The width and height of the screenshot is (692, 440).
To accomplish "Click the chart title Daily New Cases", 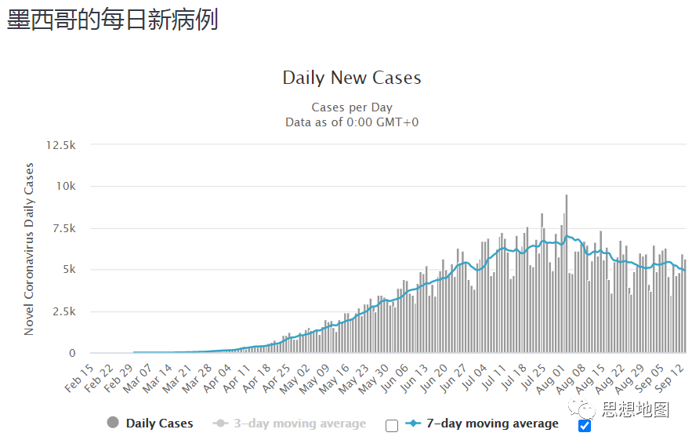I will click(x=352, y=78).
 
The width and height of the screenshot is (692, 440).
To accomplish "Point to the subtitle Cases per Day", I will click(x=352, y=107).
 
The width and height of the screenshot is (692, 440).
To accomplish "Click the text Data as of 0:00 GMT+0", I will click(x=352, y=122).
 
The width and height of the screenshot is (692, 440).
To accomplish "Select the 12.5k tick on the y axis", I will click(x=60, y=145).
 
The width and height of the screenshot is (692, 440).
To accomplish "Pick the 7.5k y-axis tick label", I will click(x=63, y=228).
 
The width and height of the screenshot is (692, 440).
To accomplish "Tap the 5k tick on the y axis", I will click(x=68, y=270).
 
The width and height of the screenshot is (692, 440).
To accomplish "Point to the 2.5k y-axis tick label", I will click(x=63, y=311).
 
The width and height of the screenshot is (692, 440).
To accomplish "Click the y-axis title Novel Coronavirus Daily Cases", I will click(x=30, y=249).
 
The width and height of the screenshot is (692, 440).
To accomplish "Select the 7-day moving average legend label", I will click(x=492, y=424).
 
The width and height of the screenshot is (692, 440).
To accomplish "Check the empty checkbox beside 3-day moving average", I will click(x=392, y=426).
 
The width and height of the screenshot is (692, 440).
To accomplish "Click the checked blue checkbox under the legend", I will click(x=584, y=426).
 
